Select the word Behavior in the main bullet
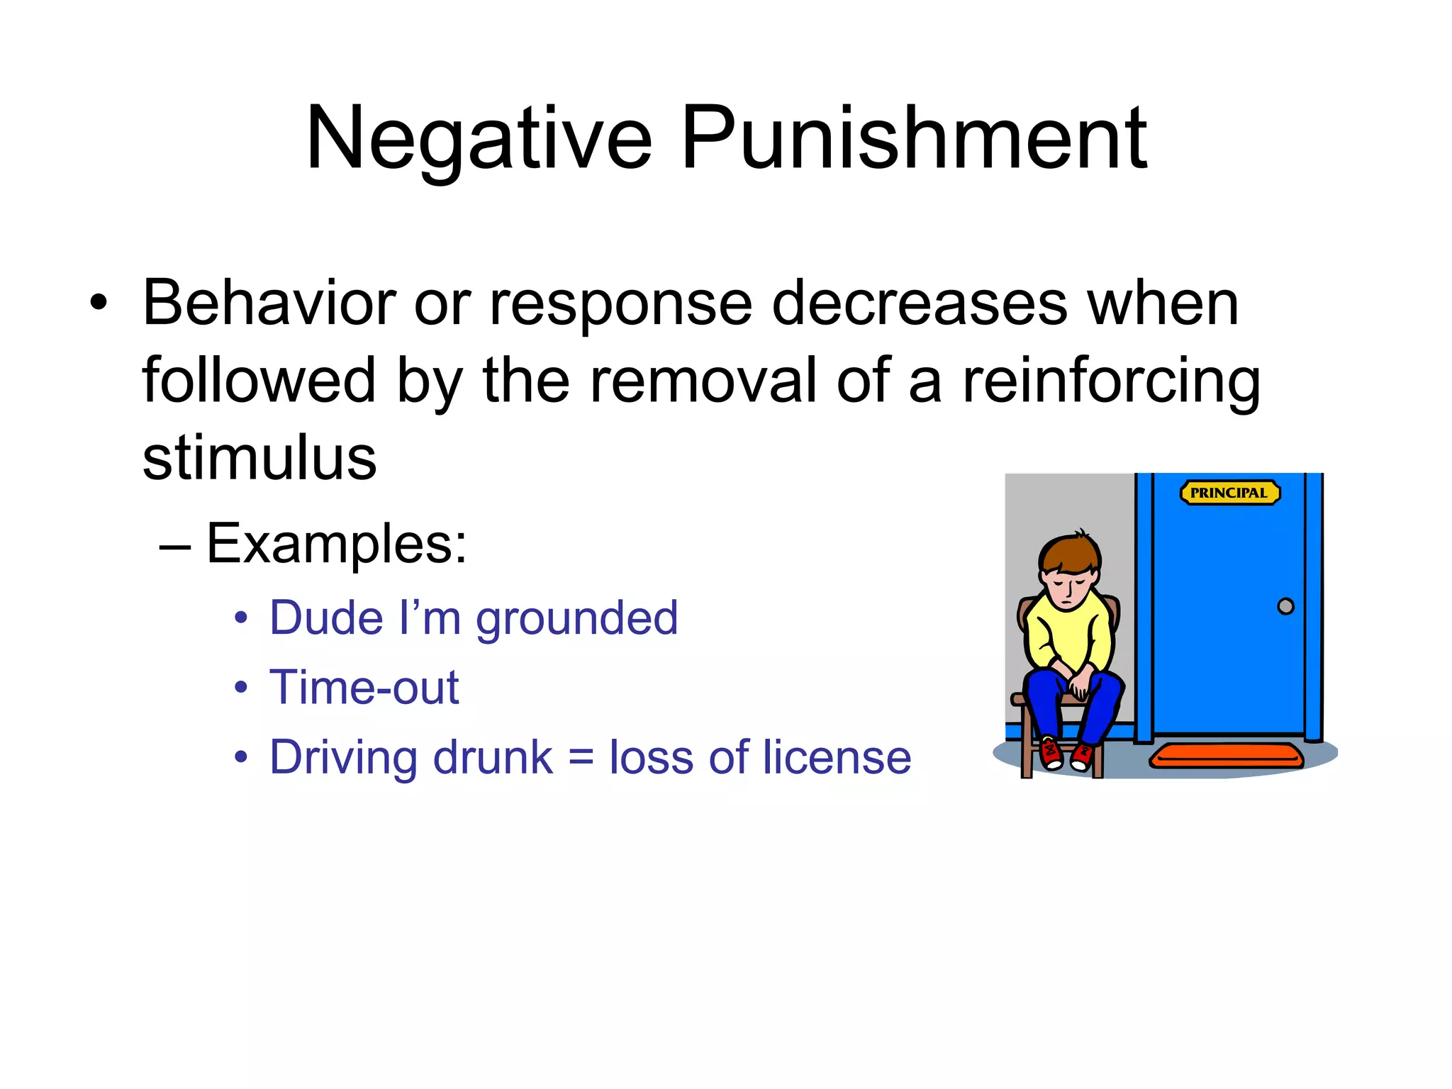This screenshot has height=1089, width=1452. (x=269, y=303)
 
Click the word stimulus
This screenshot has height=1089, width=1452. (x=259, y=458)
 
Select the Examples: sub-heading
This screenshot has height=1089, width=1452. (x=337, y=544)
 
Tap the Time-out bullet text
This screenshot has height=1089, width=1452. (x=364, y=688)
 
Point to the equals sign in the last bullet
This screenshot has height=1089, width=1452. (x=581, y=757)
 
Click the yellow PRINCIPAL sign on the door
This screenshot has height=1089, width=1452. (x=1229, y=493)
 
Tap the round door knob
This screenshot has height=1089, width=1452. (x=1285, y=606)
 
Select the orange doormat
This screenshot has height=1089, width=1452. (x=1226, y=756)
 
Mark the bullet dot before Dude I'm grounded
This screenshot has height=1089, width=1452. (x=242, y=618)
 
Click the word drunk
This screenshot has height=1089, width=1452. (x=492, y=757)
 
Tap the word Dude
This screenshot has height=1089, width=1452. (x=326, y=618)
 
